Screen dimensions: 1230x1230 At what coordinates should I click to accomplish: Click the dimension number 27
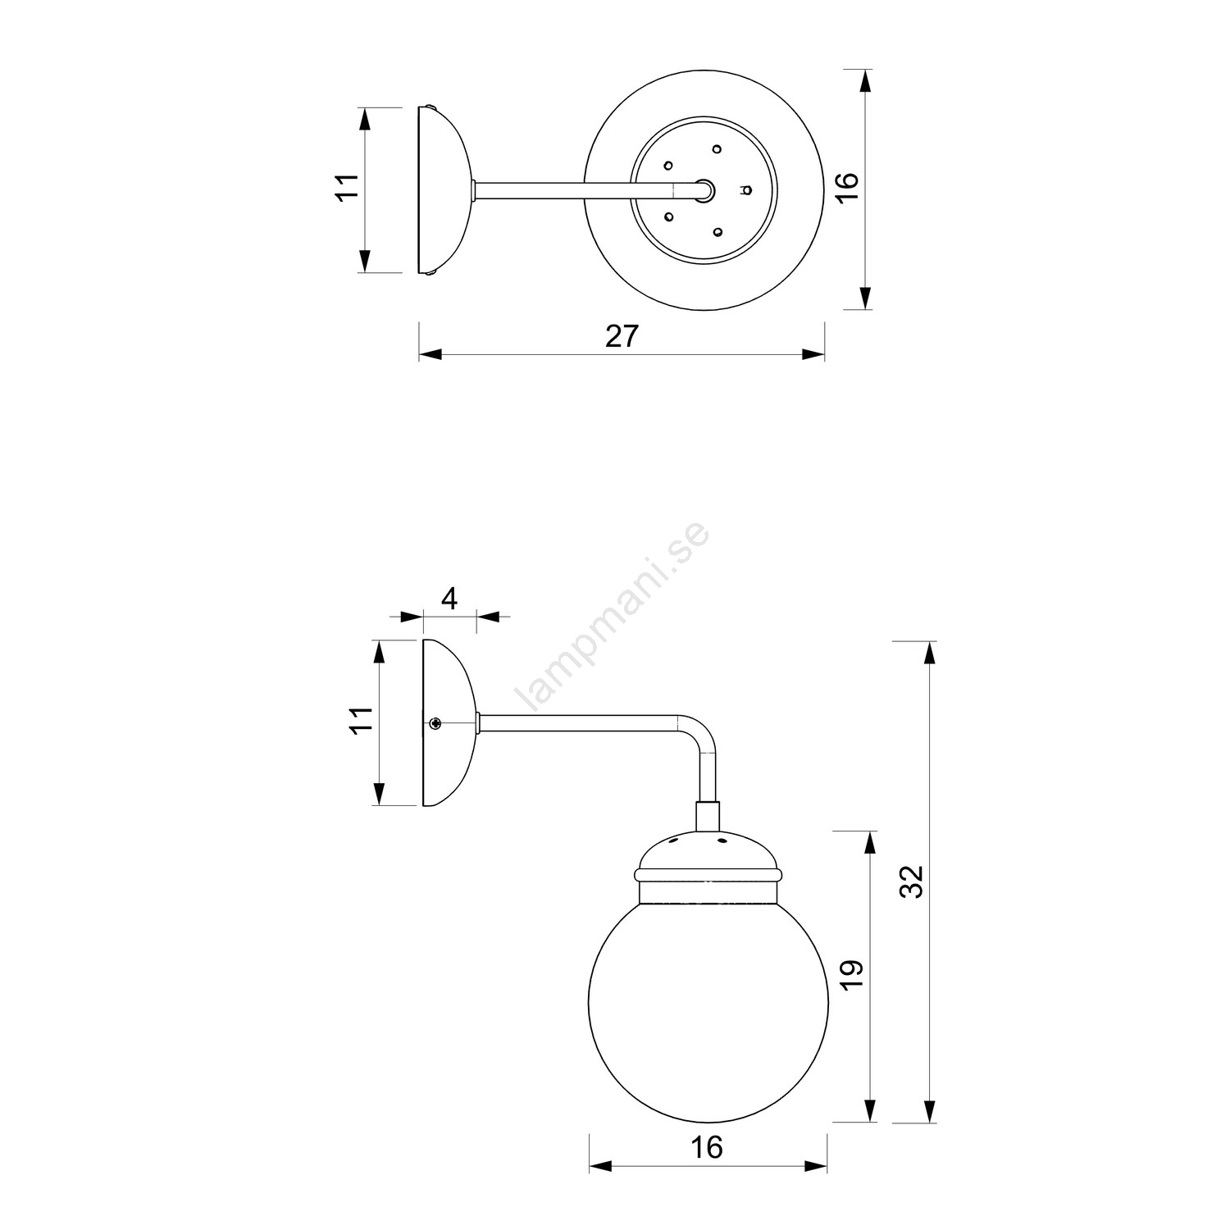click(621, 336)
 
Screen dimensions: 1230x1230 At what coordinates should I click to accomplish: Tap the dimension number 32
click(912, 881)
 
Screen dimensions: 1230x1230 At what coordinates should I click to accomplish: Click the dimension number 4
click(449, 599)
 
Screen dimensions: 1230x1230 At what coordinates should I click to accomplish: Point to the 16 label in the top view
click(849, 188)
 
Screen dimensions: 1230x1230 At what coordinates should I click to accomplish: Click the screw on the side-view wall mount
click(435, 722)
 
